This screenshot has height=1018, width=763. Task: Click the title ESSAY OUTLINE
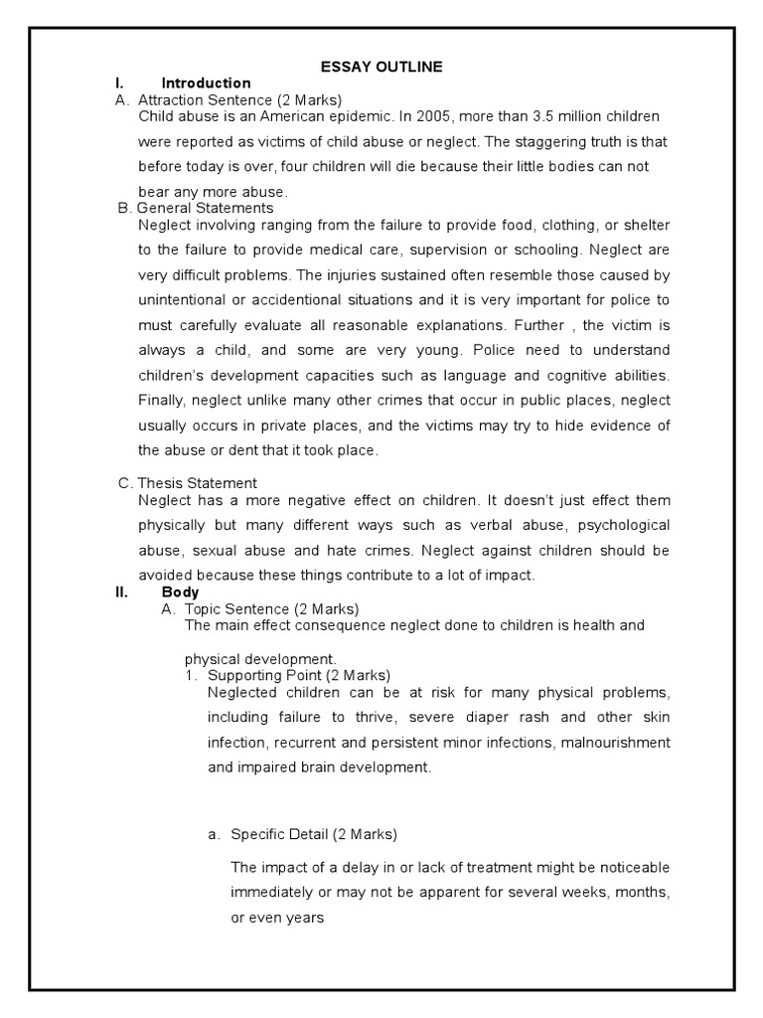coord(381,67)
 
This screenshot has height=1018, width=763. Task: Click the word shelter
coord(647,224)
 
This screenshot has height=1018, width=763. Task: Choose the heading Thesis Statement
coord(195,483)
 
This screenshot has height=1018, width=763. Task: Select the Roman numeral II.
coord(121,592)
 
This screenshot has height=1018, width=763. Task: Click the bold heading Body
coord(180,592)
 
